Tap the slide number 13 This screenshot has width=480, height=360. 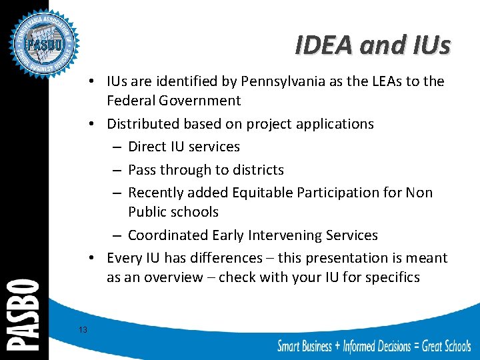click(83, 329)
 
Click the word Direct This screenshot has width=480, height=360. click(148, 147)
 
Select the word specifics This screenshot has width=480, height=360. click(391, 277)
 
